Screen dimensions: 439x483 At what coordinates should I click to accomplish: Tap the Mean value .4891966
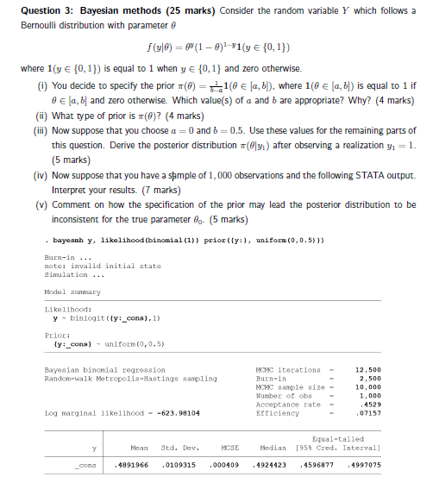[132, 463]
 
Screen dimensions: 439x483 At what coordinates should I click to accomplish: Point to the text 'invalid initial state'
[89, 267]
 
